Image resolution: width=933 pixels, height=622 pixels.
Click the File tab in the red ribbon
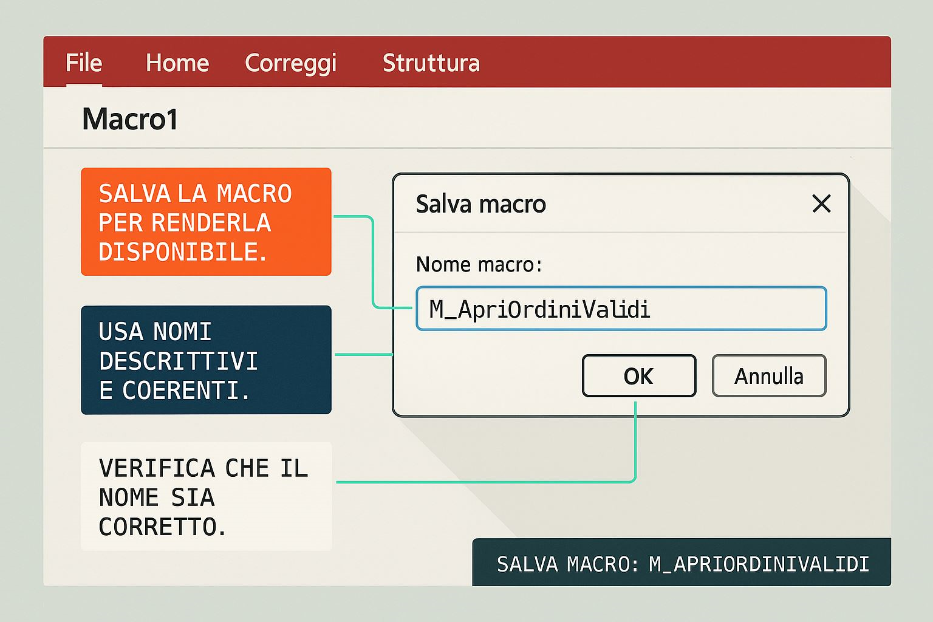(84, 63)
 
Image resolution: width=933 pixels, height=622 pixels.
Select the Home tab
(177, 63)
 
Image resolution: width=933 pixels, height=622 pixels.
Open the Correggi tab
(290, 63)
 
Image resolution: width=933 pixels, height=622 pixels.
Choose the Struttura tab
(431, 63)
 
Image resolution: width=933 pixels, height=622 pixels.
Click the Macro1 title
(130, 119)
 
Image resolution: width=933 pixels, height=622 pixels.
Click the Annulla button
(768, 376)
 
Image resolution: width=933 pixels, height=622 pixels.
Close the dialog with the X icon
(821, 204)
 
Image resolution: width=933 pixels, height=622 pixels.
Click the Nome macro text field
(621, 309)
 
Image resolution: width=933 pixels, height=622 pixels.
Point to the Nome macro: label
(479, 265)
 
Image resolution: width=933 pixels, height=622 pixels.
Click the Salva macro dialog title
(480, 204)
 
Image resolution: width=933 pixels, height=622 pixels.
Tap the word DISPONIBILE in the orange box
(182, 252)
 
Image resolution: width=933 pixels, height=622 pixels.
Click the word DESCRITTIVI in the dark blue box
(179, 361)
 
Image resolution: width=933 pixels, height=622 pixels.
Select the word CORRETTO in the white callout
(162, 527)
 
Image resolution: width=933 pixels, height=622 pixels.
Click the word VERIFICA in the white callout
(157, 468)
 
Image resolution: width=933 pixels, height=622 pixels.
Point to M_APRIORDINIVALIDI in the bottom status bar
(759, 564)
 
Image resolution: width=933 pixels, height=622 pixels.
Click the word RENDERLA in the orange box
(211, 223)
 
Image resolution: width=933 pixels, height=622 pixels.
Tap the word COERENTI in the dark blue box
(186, 391)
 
